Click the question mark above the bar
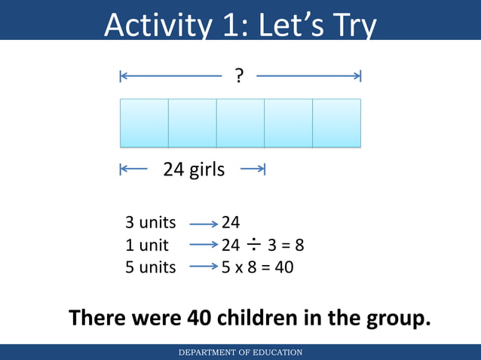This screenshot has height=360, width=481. coord(239,75)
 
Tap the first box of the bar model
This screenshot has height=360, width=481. coord(144,123)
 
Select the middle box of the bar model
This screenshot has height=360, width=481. coord(240,123)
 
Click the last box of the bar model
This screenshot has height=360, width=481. coord(337,123)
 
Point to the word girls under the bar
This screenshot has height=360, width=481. coord(207,169)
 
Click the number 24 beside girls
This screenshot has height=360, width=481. coord(174,169)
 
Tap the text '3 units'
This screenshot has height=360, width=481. coord(150,223)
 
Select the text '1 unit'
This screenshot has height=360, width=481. coord(147,245)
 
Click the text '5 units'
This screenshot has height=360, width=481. coord(150,267)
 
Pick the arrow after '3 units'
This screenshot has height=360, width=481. coord(203,224)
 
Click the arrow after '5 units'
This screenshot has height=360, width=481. coord(203,267)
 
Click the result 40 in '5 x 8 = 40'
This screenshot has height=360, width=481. coord(284,267)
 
